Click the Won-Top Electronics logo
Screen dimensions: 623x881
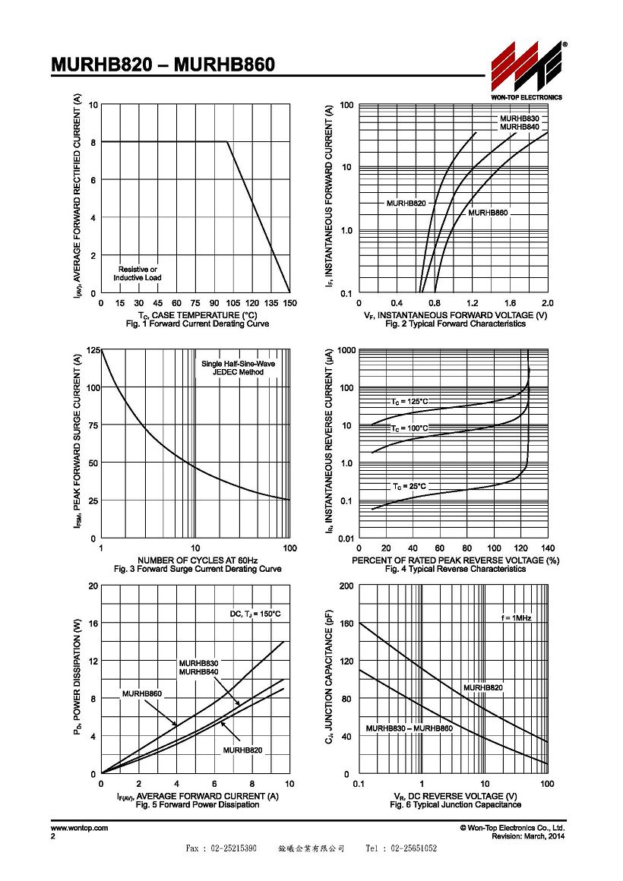(527, 70)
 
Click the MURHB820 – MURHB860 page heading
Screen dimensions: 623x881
(163, 65)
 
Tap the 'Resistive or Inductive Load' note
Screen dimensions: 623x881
(138, 273)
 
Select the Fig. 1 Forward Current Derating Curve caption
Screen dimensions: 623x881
(198, 324)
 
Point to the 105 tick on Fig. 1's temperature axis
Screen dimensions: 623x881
(232, 303)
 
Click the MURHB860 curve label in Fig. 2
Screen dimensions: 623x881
(488, 213)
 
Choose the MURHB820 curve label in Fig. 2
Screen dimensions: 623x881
(406, 203)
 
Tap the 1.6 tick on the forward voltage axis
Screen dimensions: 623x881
(510, 303)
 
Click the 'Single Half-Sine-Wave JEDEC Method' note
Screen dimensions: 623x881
(239, 368)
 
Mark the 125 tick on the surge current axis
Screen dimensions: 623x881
(93, 350)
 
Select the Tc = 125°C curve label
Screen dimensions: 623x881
(410, 402)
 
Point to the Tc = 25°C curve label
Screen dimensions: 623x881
(410, 487)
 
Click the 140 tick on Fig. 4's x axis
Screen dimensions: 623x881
(548, 548)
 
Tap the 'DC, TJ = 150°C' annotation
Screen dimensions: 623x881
(255, 614)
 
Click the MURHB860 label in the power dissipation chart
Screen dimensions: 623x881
(141, 694)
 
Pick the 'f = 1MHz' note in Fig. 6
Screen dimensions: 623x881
(516, 618)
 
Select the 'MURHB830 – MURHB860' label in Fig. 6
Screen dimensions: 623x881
(410, 729)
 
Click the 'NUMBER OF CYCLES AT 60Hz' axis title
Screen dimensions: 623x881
(198, 560)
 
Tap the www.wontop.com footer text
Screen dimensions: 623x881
(79, 828)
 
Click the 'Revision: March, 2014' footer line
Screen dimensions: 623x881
(529, 837)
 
